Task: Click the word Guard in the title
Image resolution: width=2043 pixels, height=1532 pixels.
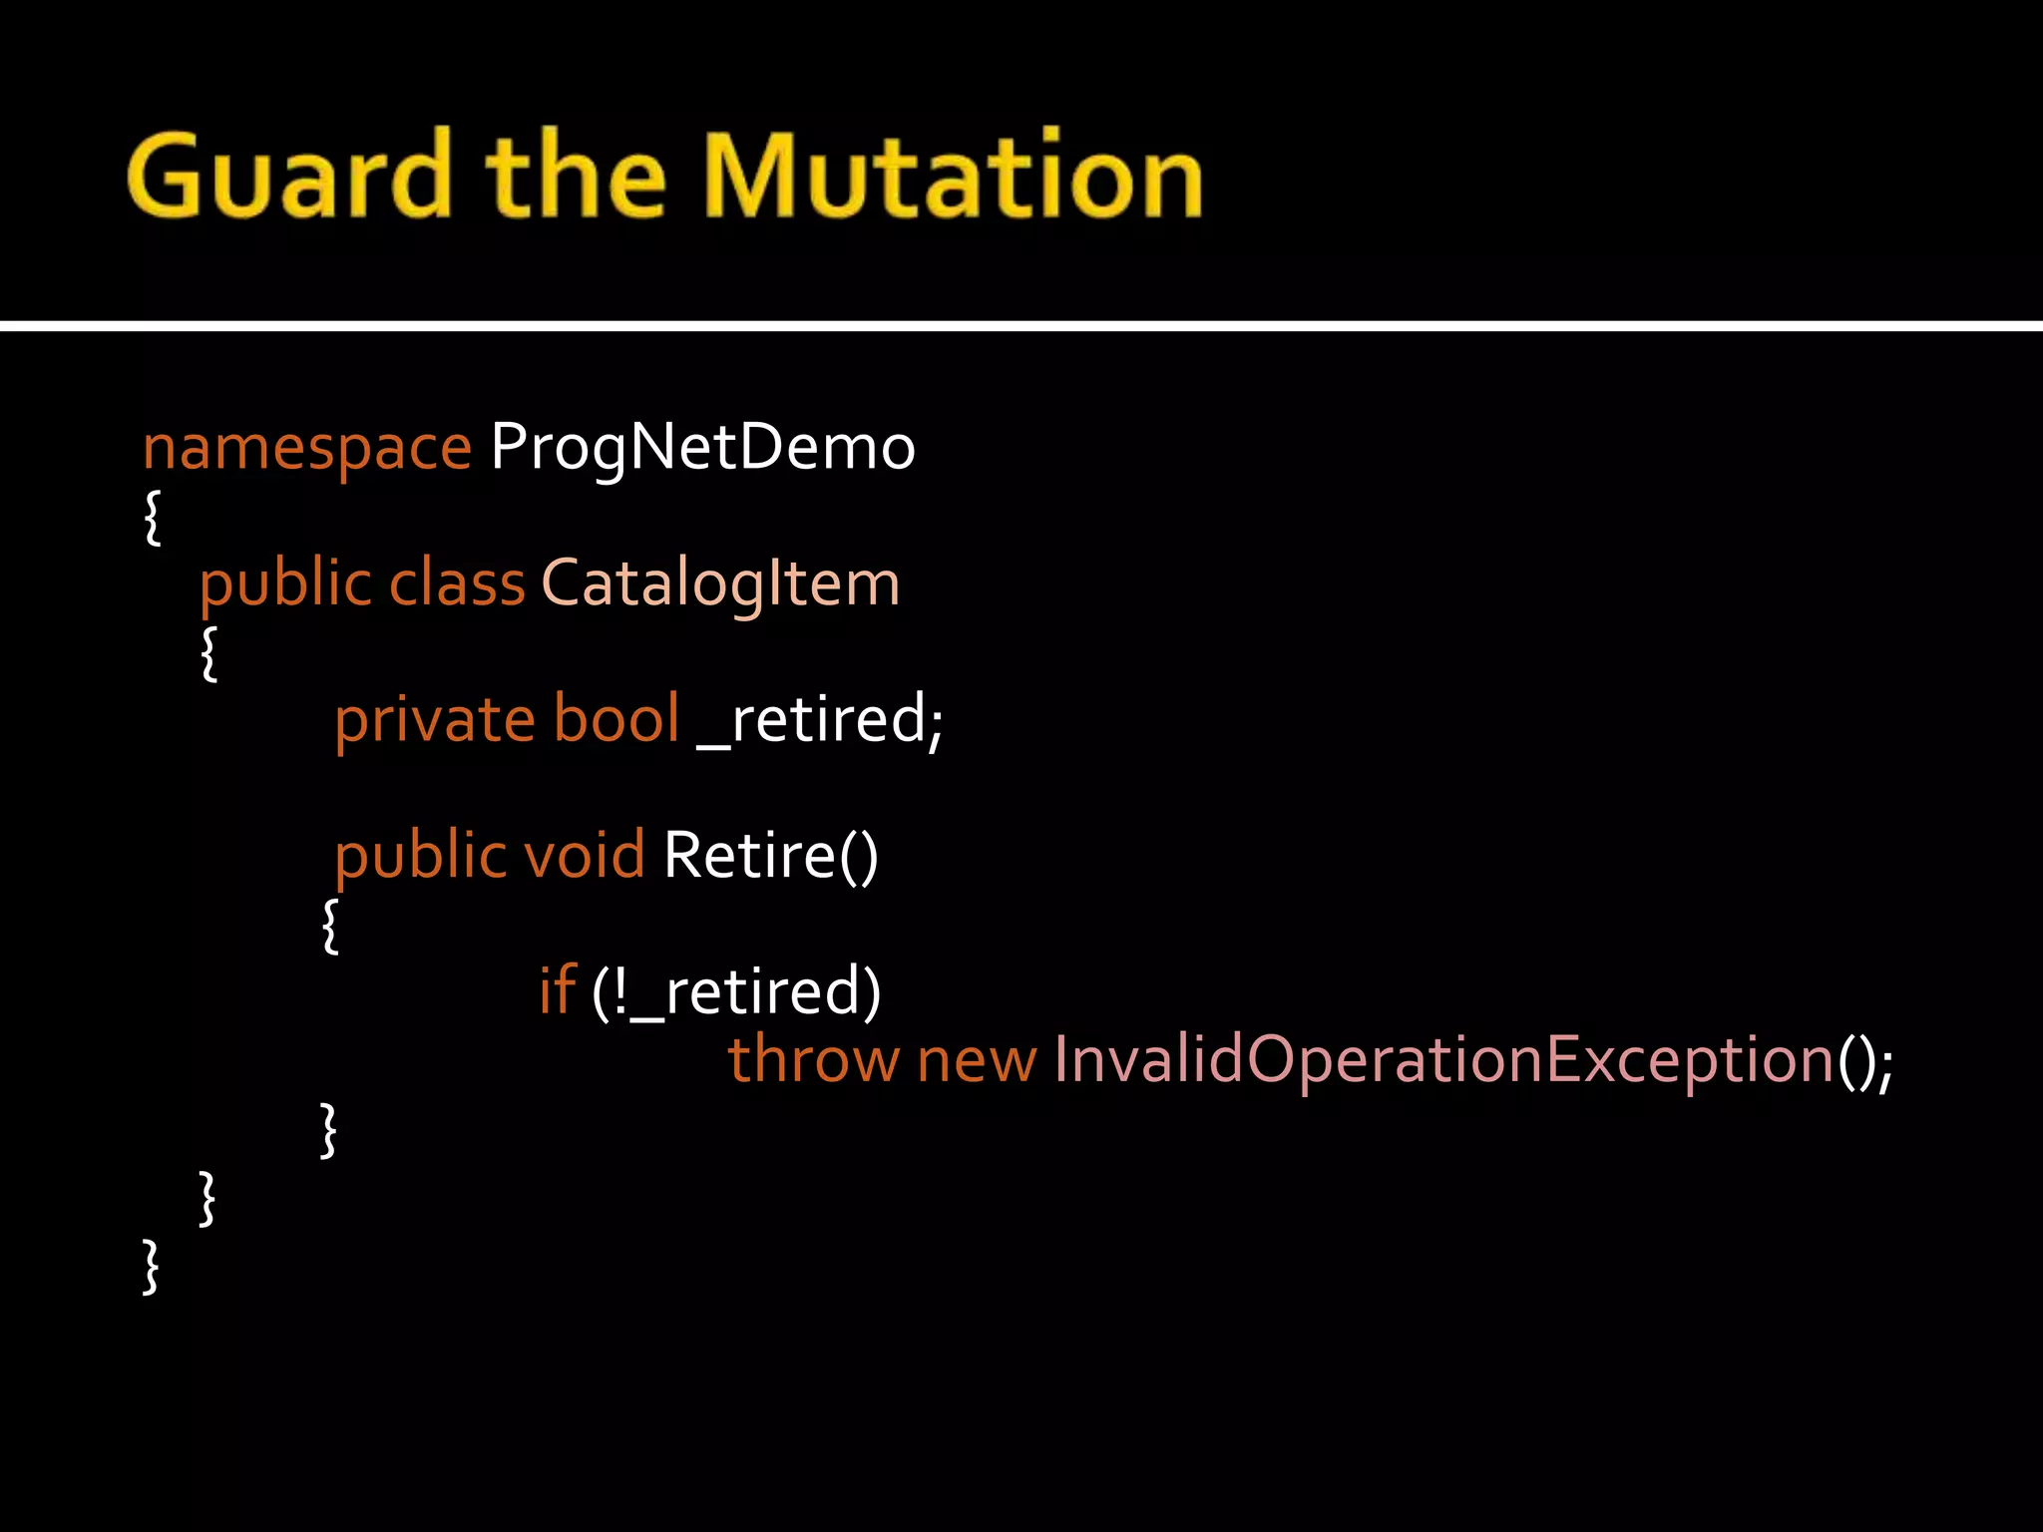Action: [289, 176]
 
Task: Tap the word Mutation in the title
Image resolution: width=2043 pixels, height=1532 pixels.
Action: [952, 176]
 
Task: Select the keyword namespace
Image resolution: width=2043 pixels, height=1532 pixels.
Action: [306, 447]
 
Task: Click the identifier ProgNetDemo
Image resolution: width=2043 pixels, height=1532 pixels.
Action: [702, 447]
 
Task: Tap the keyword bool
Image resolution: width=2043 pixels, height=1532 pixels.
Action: [615, 719]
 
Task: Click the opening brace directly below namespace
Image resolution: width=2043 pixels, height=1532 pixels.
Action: [152, 517]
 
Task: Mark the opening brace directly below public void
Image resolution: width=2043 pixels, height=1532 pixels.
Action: [330, 926]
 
